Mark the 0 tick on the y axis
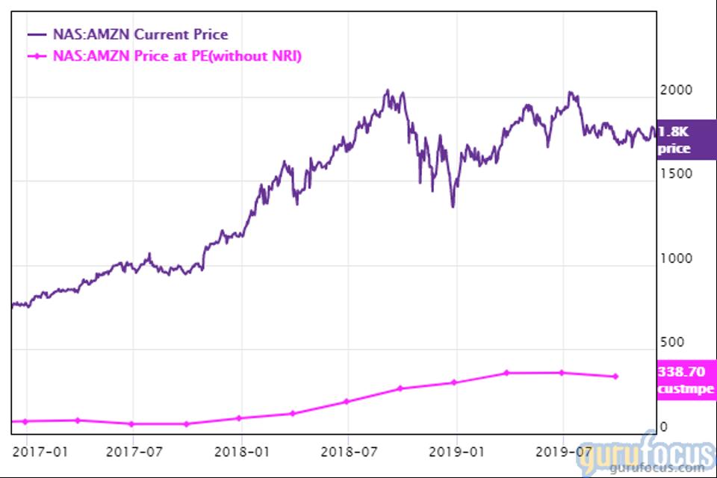click(662, 427)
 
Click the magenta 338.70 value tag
click(686, 379)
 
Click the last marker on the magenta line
click(615, 376)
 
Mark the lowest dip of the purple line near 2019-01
click(453, 206)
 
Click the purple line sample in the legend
click(37, 34)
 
